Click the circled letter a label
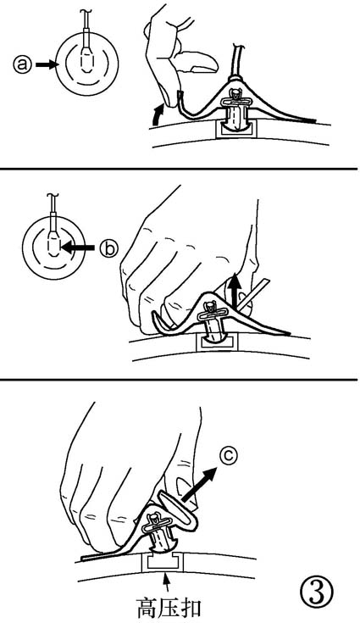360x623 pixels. (x=22, y=64)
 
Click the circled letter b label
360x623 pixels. (x=108, y=248)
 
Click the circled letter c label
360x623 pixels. (x=228, y=457)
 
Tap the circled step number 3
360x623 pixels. (x=316, y=592)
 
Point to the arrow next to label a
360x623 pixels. (x=47, y=64)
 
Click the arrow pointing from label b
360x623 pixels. (x=78, y=248)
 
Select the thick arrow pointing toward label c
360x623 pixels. (x=199, y=484)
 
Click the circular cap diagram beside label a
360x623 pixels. (x=87, y=64)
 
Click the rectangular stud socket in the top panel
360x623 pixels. (x=236, y=130)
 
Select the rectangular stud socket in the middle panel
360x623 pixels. (x=218, y=342)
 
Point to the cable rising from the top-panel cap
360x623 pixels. (x=236, y=58)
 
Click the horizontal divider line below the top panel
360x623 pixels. (x=179, y=169)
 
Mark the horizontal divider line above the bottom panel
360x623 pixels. (x=179, y=380)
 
